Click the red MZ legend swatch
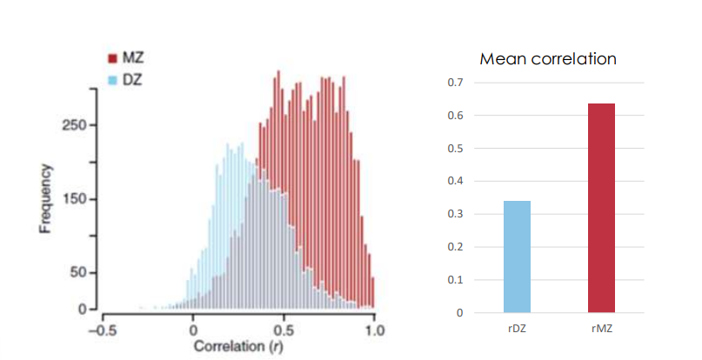[x=112, y=59]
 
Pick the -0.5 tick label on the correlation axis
[x=103, y=330]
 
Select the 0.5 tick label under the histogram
[x=284, y=330]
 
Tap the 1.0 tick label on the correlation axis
[x=374, y=330]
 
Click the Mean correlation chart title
[x=548, y=60]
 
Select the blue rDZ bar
[x=517, y=257]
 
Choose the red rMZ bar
[x=601, y=208]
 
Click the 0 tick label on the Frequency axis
[x=83, y=310]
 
